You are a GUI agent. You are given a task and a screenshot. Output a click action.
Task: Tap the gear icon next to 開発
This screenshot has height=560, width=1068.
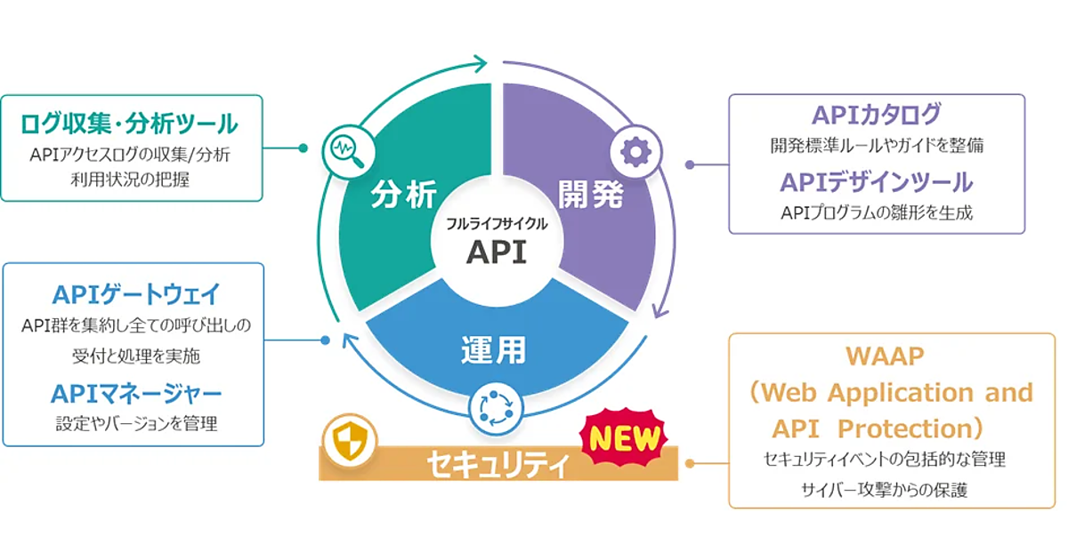click(x=635, y=152)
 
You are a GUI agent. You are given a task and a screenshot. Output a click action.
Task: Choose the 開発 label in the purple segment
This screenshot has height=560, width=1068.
click(x=590, y=195)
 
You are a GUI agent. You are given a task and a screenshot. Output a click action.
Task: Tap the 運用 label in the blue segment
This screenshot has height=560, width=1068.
click(x=494, y=350)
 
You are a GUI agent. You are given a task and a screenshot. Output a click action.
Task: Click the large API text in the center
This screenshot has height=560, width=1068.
click(x=496, y=252)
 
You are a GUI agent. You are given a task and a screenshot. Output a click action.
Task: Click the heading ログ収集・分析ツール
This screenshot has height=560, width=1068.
click(x=129, y=122)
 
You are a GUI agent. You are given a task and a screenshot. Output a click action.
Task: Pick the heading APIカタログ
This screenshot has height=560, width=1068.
click(x=876, y=115)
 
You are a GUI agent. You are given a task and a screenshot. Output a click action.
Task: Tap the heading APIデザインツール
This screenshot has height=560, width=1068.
click(x=876, y=182)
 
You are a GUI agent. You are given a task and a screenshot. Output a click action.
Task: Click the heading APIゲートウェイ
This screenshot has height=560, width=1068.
click(x=135, y=293)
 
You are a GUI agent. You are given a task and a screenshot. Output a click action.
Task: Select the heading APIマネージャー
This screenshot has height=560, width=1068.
click(x=135, y=392)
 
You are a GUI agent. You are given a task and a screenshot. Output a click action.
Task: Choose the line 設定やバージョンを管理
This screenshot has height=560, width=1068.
click(x=135, y=424)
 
